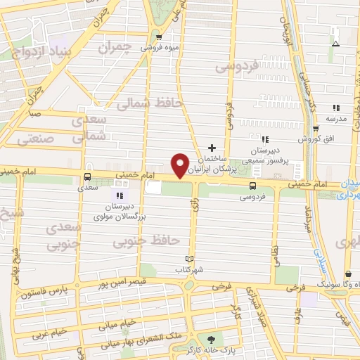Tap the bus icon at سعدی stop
click(x=87, y=177)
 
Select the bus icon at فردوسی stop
click(x=252, y=186)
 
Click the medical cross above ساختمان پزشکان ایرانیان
click(x=211, y=148)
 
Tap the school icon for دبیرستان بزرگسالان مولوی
click(x=119, y=195)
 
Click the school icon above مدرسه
click(x=335, y=108)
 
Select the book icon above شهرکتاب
click(x=187, y=259)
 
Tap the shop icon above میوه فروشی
click(x=160, y=37)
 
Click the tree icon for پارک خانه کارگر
click(x=210, y=338)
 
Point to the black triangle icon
click(x=335, y=44)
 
